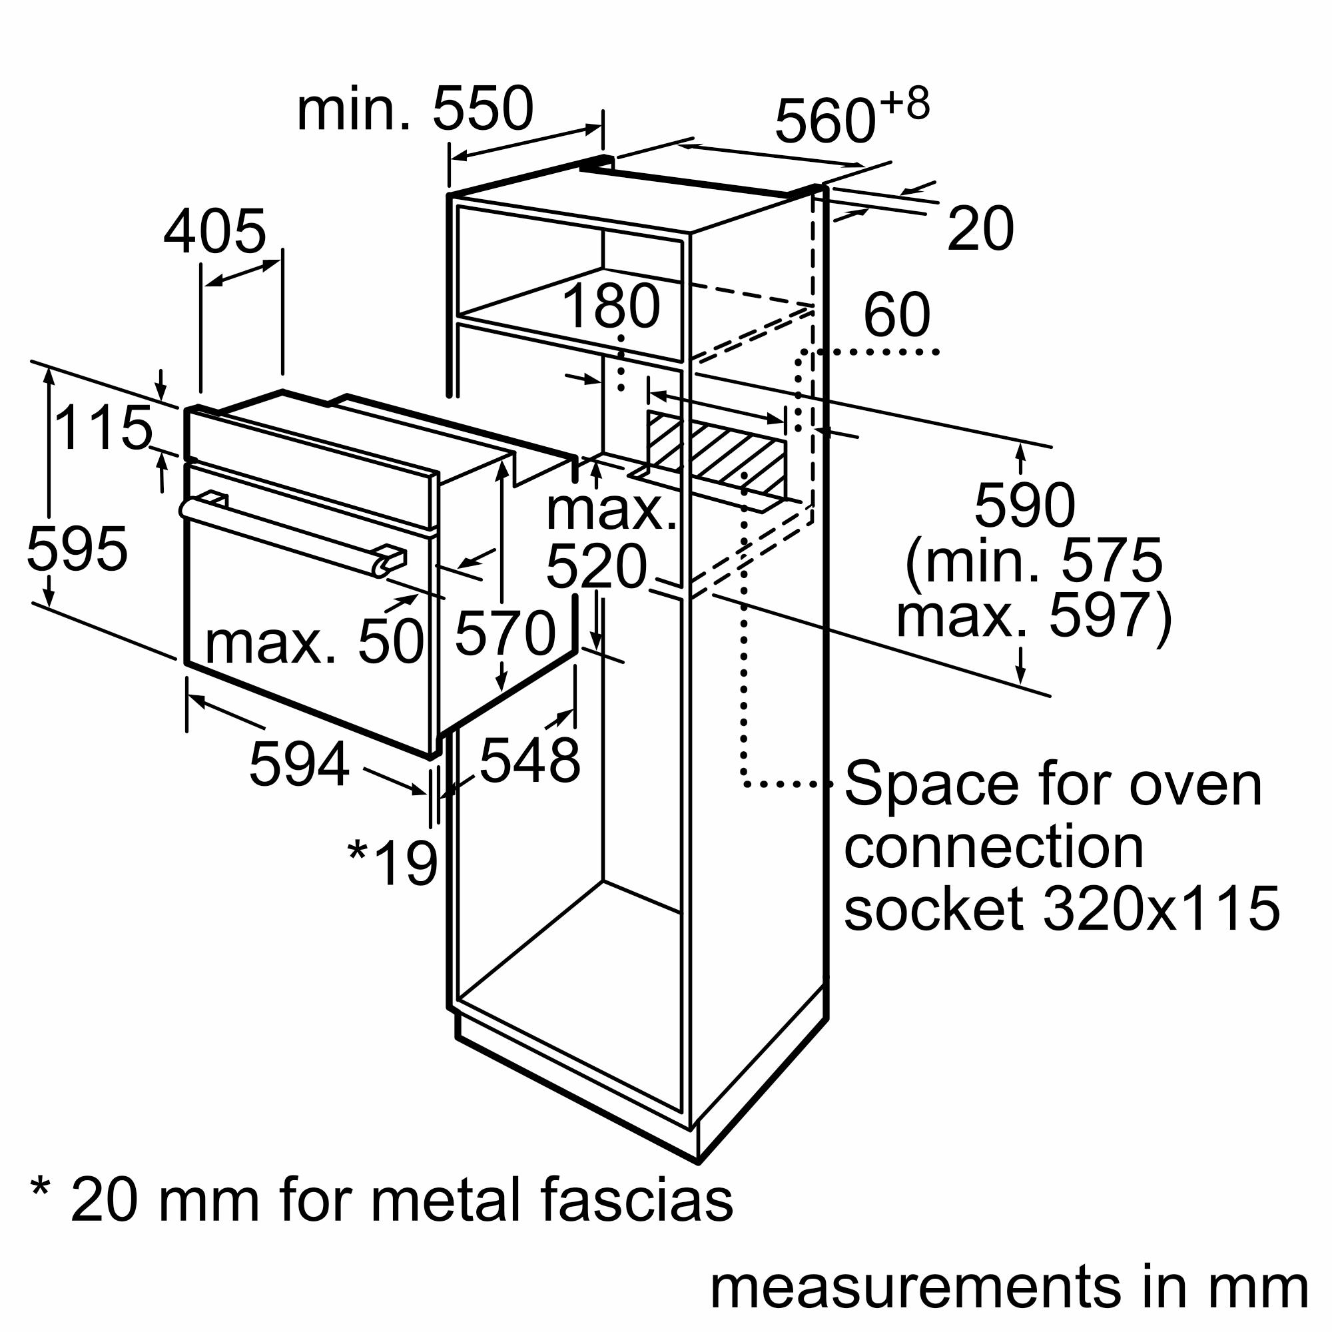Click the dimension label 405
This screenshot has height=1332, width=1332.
pos(214,232)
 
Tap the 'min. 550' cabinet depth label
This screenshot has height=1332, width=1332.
pos(414,109)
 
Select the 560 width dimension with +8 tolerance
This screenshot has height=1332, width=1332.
pos(850,117)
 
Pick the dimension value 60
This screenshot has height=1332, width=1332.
pos(896,315)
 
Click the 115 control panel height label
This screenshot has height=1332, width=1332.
pos(103,428)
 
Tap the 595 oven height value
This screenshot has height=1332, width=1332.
pos(77,549)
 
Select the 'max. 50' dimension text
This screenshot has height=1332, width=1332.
pos(314,643)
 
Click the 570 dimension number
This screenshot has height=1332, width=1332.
pos(505,633)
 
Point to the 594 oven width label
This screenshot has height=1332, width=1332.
pos(298,764)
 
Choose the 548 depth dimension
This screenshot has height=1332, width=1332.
pos(529,761)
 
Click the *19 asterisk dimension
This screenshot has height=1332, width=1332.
pos(393,862)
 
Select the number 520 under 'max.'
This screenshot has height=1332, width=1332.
pos(596,567)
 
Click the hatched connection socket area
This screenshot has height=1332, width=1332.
pos(717,452)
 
